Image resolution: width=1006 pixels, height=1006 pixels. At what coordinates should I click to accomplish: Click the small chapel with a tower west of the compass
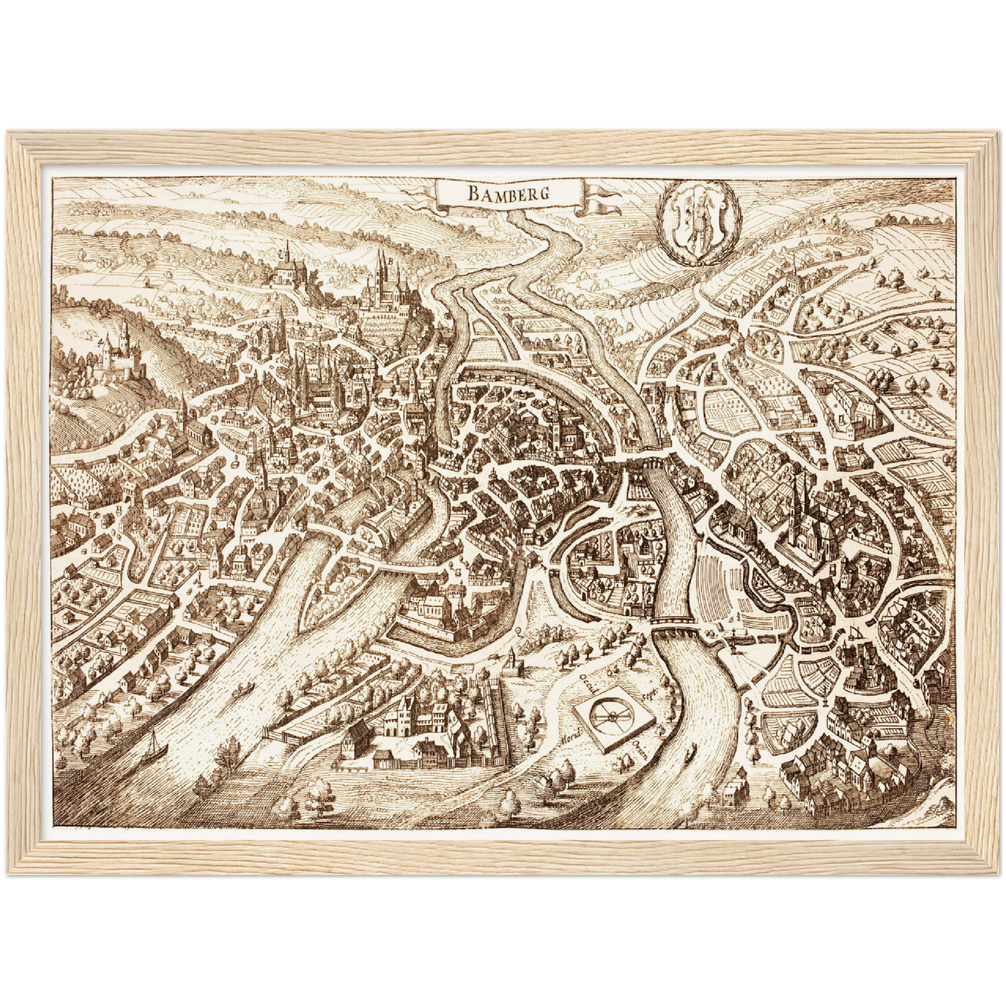[x=514, y=661]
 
